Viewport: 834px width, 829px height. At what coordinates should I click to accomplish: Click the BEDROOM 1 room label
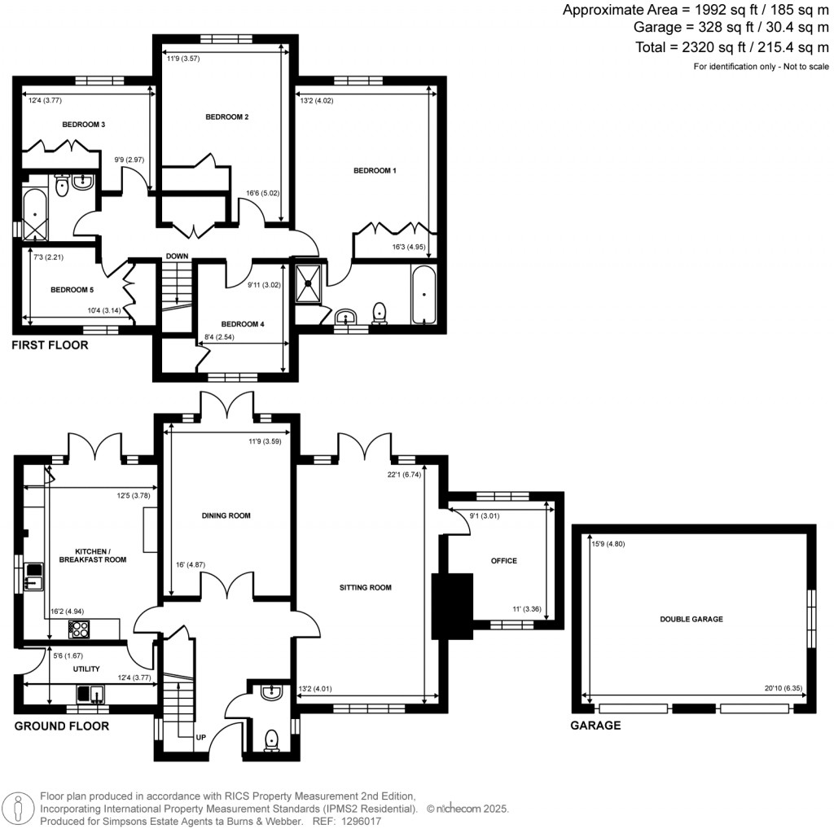[375, 171]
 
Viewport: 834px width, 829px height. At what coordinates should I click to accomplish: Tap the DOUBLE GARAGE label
[691, 619]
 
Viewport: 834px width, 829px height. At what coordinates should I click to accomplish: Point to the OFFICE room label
[504, 560]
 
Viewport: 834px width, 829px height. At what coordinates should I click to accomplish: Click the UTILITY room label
[86, 669]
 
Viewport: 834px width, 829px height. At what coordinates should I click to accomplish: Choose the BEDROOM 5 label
[73, 290]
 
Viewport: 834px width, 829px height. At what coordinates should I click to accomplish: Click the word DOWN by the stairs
[177, 257]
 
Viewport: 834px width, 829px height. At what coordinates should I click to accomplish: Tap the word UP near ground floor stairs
[200, 738]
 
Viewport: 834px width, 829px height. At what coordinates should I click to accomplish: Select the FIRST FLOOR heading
[50, 346]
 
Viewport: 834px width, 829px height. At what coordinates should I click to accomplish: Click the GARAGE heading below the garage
[595, 725]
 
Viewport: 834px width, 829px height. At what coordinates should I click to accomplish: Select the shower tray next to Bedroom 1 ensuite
[309, 280]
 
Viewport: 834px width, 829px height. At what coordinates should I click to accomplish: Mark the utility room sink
[90, 695]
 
